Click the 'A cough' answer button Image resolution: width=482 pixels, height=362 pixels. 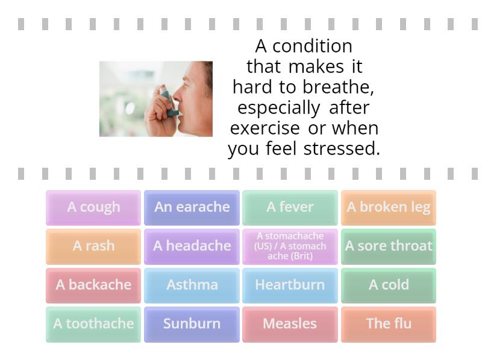93,208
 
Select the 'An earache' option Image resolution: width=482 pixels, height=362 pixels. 192,208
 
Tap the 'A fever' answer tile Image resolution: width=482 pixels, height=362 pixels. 290,208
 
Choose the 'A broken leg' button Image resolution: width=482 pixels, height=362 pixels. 388,208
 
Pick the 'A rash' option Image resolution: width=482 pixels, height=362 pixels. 93,246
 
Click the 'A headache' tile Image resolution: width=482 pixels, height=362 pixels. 192,246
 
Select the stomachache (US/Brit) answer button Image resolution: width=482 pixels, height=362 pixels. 290,246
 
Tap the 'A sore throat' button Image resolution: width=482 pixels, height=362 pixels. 388,246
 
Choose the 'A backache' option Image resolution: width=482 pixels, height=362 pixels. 93,285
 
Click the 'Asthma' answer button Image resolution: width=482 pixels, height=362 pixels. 192,285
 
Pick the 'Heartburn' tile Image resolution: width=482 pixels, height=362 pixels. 290,285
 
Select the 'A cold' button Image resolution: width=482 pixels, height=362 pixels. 388,285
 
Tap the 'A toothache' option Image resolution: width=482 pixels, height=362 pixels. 93,324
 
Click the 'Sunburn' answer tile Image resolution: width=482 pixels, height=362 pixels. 192,324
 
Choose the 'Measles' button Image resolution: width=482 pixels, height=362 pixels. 290,324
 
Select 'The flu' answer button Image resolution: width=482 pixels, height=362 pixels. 388,324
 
